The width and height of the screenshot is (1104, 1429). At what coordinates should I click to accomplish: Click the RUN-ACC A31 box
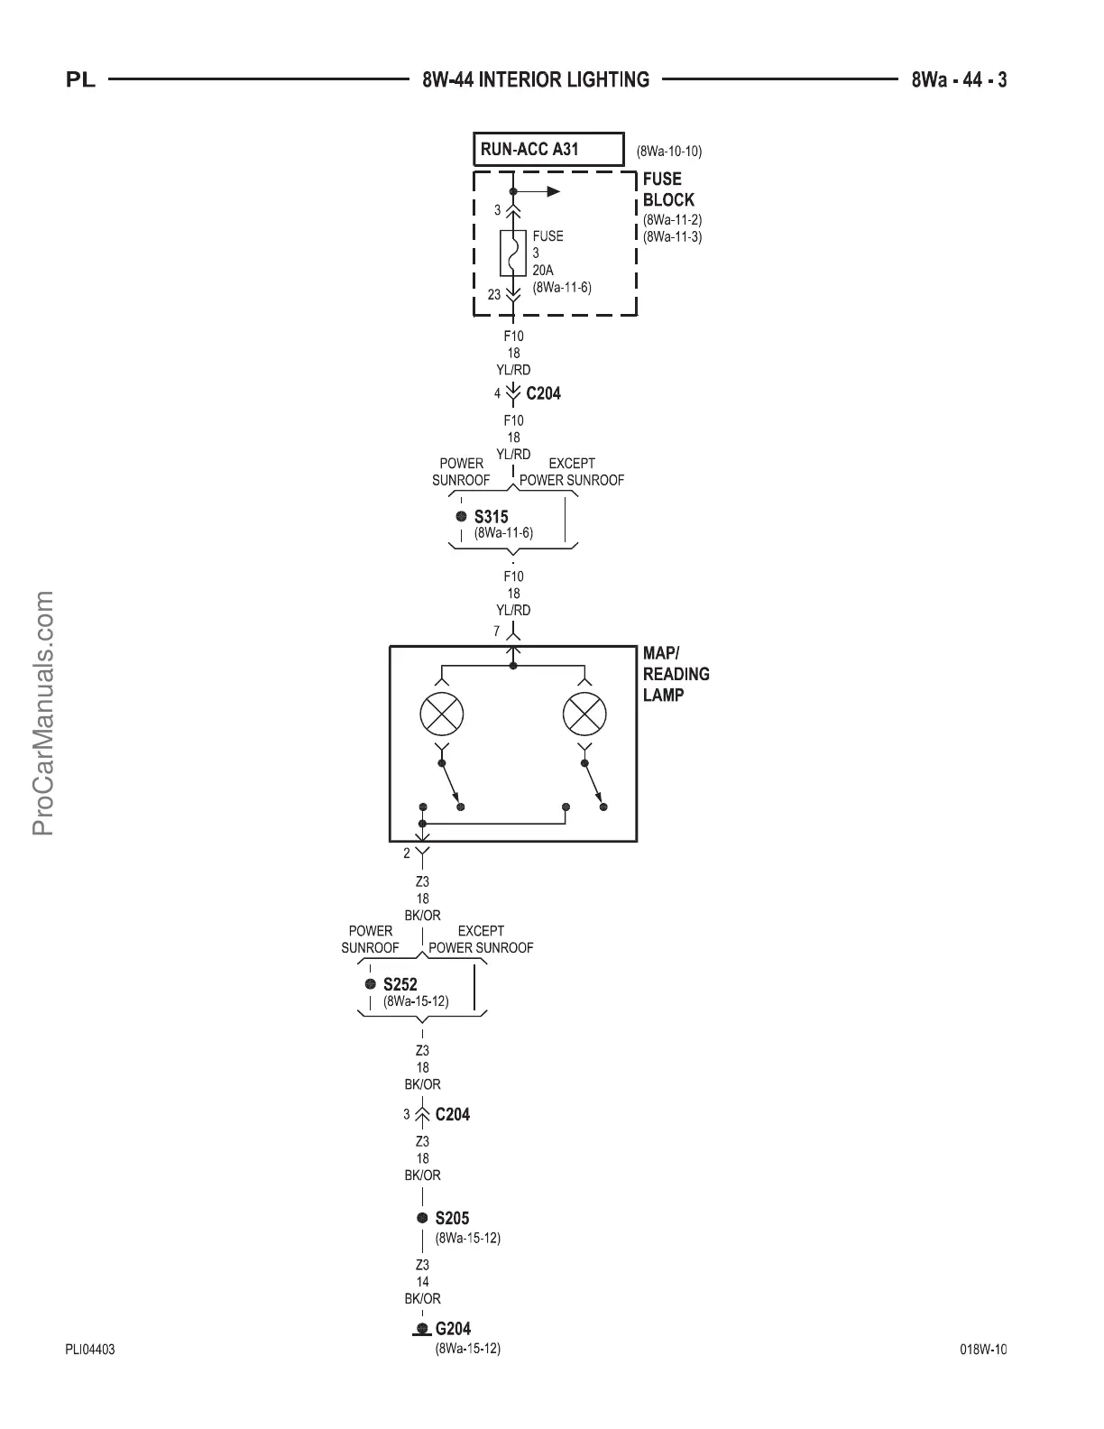[548, 149]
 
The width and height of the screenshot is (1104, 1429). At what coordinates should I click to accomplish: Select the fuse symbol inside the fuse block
[513, 253]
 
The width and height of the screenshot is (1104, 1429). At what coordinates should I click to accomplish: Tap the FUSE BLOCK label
[668, 189]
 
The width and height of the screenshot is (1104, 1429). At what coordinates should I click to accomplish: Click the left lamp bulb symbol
[442, 715]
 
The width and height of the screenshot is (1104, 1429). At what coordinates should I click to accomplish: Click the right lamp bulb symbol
[584, 715]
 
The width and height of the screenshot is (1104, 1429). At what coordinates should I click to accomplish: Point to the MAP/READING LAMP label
[676, 674]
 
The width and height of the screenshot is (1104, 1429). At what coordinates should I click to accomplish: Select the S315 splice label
[491, 517]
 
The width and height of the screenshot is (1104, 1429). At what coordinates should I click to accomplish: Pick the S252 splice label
[400, 984]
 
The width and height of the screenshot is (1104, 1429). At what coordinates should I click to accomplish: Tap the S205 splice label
[452, 1218]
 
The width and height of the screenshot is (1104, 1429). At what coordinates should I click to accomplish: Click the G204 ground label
[453, 1328]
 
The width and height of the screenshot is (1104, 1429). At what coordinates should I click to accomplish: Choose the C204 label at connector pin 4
[543, 393]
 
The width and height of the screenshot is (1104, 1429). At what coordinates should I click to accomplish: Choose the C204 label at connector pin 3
[452, 1114]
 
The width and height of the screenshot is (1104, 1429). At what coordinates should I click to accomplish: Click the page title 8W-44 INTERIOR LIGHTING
[536, 80]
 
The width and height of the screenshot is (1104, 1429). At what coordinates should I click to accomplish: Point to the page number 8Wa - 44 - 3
[959, 80]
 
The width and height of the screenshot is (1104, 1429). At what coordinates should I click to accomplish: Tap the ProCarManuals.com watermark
[44, 713]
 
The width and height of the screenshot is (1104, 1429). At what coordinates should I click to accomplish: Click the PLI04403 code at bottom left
[90, 1350]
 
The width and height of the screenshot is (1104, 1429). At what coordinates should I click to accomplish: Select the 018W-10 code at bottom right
[983, 1350]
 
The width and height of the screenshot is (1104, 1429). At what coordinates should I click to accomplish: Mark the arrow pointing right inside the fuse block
[551, 191]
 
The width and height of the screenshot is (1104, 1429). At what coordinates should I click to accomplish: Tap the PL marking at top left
[81, 80]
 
